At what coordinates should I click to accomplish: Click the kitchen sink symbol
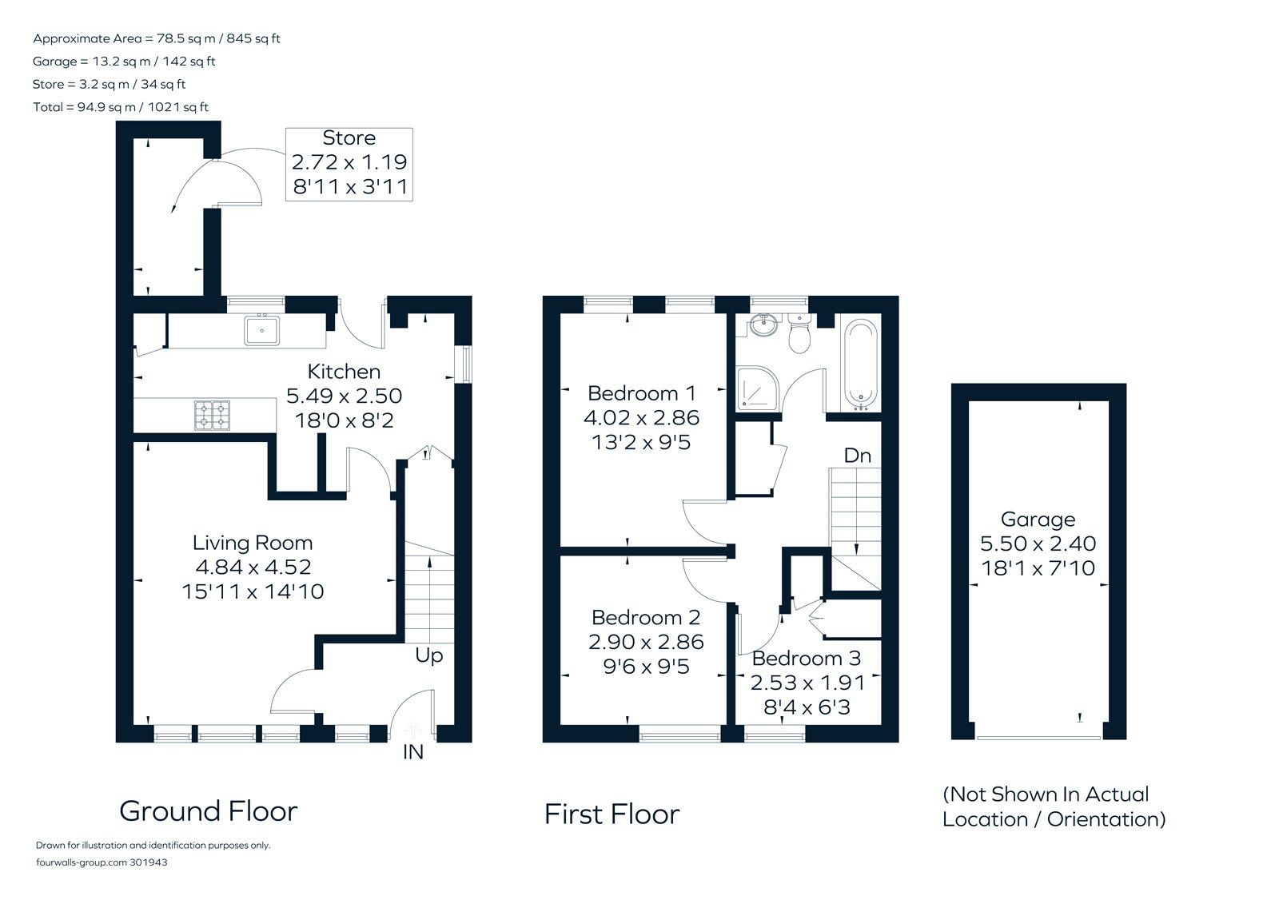[261, 329]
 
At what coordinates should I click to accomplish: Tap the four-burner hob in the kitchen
[212, 415]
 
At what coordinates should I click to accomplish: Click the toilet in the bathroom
[799, 334]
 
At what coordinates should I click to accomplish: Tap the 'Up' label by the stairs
[428, 656]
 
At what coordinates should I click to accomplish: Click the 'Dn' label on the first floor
[857, 456]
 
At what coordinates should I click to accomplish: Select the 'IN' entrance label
[412, 753]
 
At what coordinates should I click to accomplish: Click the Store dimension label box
[349, 164]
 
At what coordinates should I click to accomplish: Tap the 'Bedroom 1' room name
[641, 393]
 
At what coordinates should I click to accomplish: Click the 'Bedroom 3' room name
[806, 659]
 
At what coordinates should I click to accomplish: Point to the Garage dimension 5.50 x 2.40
[1038, 544]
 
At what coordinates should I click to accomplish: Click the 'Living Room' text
[253, 544]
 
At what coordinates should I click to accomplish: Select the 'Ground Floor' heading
[209, 811]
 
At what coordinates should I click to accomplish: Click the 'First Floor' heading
[612, 814]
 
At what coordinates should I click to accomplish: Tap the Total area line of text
[121, 107]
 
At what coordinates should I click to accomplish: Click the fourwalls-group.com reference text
[102, 862]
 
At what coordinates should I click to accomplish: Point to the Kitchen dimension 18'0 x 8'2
[344, 420]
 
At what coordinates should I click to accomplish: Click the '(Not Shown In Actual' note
[1046, 794]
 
